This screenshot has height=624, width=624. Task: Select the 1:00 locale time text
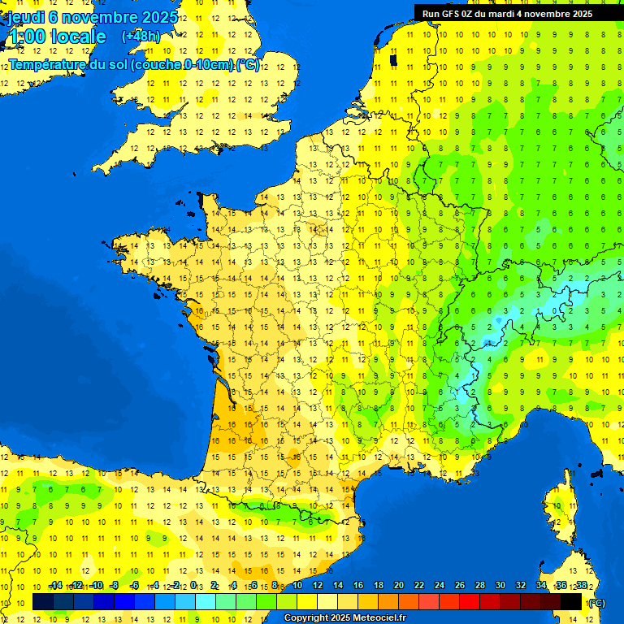pos(57,37)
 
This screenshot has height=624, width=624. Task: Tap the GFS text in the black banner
pos(451,14)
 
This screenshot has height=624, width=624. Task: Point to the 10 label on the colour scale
pos(297,586)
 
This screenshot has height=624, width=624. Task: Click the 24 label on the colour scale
pos(440,586)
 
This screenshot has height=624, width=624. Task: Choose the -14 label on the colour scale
pos(54,586)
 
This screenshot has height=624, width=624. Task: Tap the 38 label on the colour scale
pos(582,586)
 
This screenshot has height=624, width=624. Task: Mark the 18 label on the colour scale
pos(379,586)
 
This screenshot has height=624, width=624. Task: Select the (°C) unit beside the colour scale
pos(596,603)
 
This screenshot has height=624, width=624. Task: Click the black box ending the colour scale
pos(571,602)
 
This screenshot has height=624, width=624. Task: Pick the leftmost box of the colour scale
pos(43,602)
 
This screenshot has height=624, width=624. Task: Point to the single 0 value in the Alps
pos(556,310)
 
